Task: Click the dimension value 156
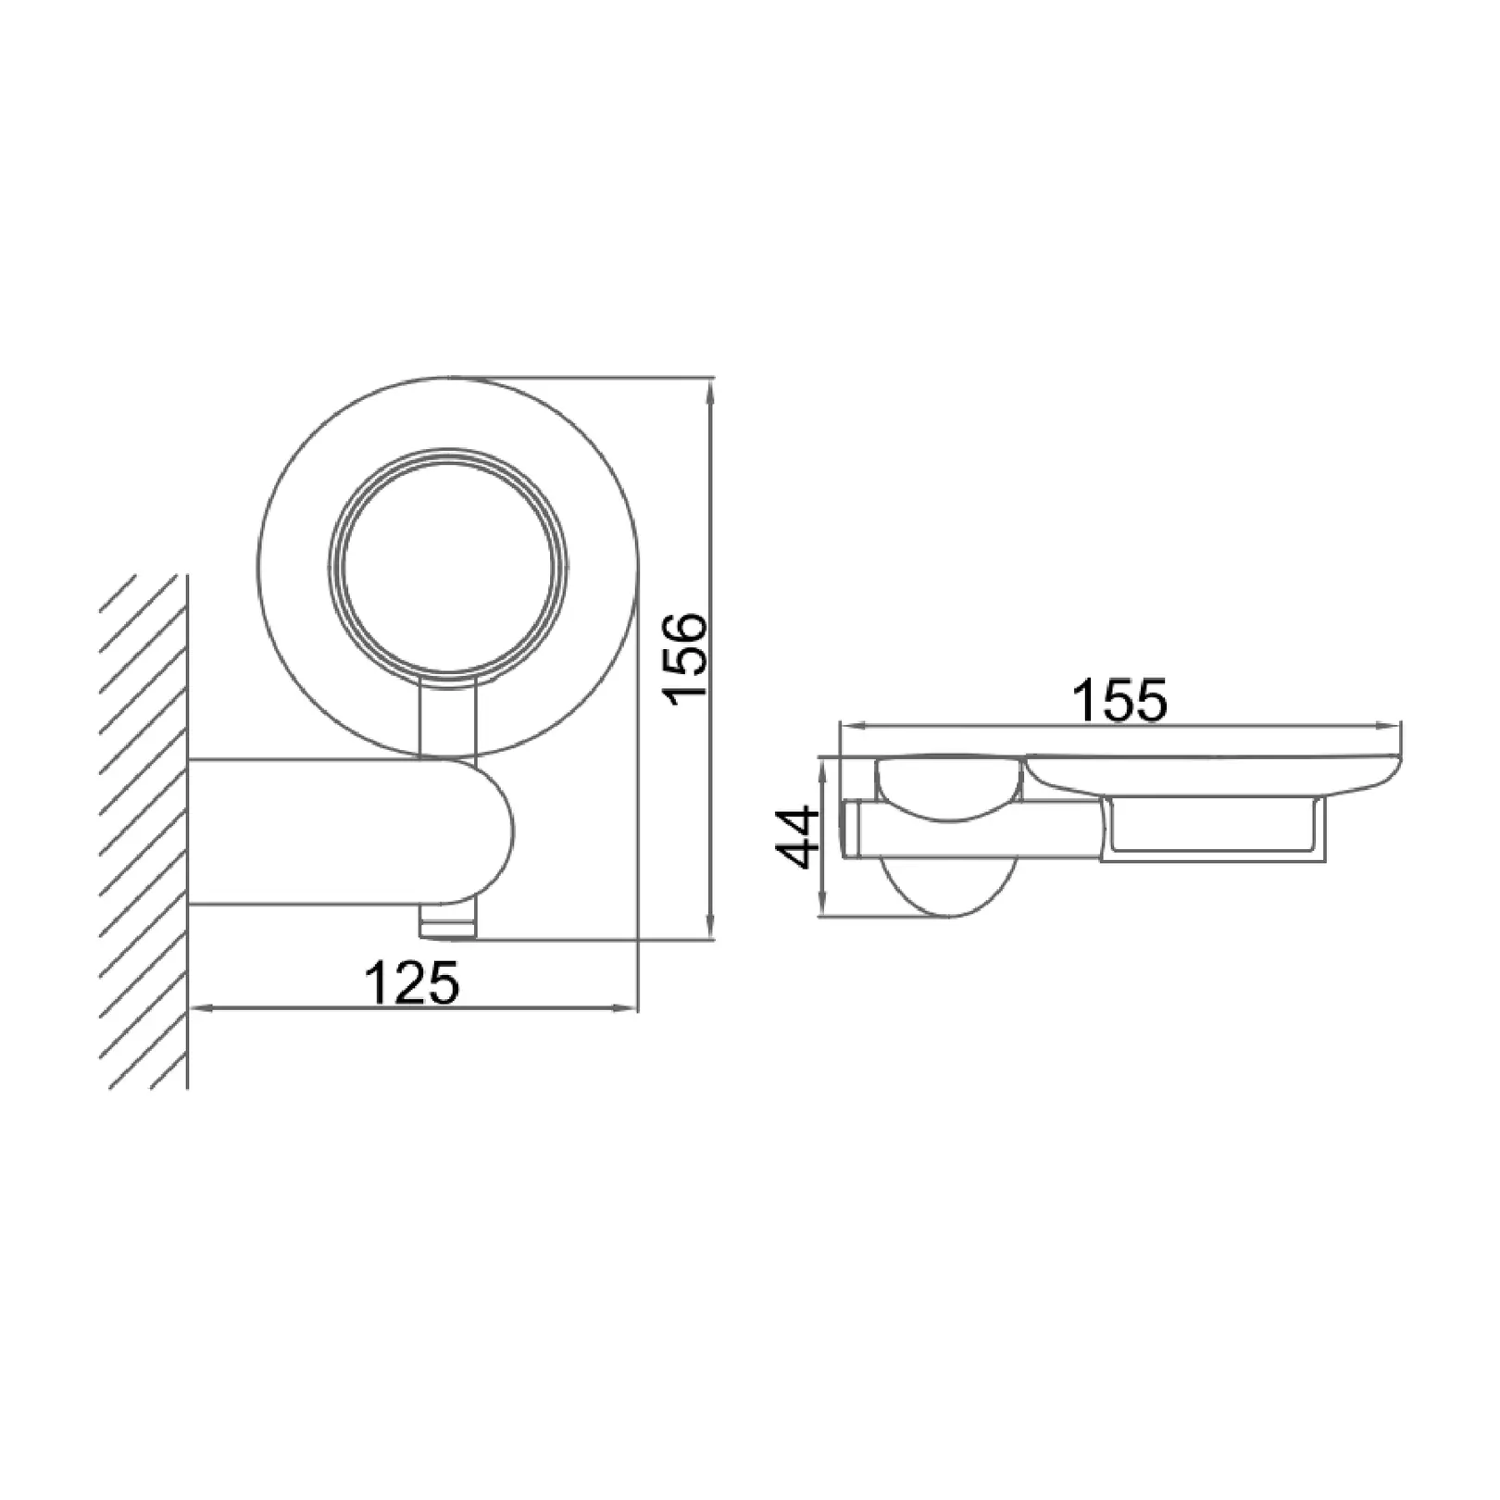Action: tap(688, 657)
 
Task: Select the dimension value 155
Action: tap(1119, 701)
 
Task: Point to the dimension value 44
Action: tap(796, 837)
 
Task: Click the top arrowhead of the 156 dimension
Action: tap(710, 390)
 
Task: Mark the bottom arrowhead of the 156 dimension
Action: tap(710, 928)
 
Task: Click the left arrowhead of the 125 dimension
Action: tap(202, 1007)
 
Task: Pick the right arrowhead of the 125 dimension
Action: tap(625, 1007)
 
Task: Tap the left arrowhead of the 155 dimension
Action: tap(853, 728)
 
